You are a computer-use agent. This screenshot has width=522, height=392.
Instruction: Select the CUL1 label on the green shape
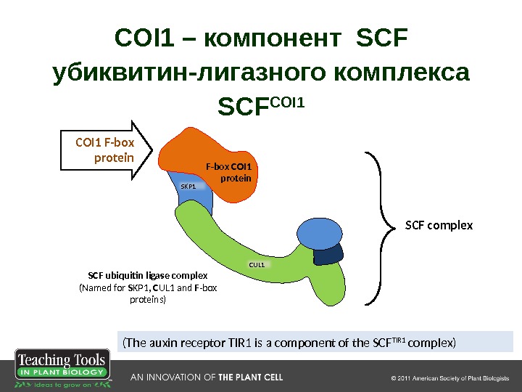257,265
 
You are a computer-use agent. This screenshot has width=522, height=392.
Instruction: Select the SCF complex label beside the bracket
439,226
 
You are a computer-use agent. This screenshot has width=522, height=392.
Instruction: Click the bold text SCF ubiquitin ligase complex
148,276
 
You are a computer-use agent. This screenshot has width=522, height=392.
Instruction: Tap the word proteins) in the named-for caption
147,299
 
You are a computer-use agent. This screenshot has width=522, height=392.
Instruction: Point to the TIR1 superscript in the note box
398,339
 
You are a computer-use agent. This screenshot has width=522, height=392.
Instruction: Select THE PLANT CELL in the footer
251,377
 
